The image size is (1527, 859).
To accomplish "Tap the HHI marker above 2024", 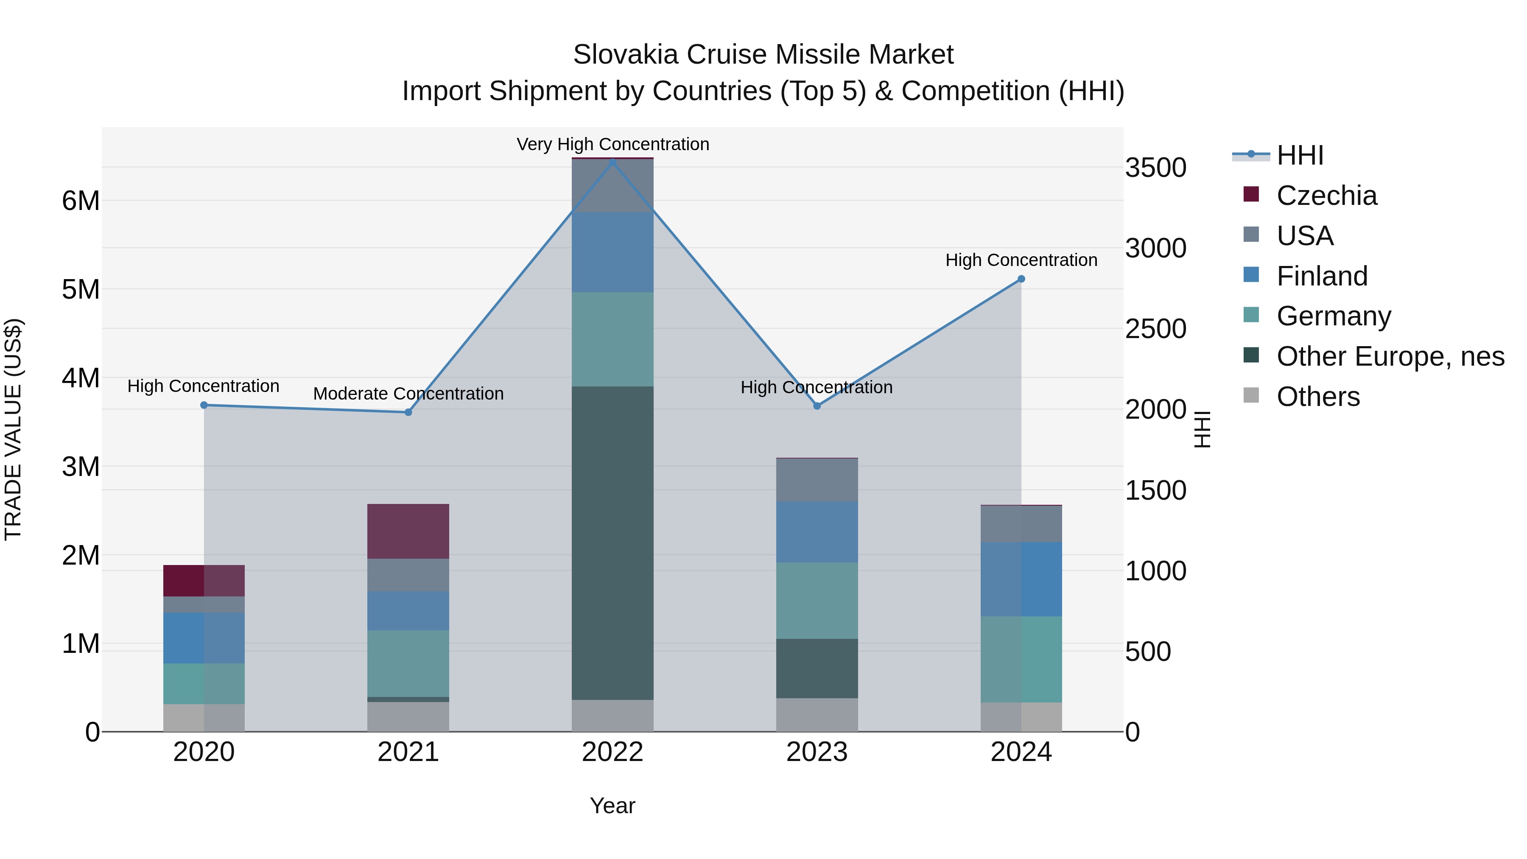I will [x=1021, y=279].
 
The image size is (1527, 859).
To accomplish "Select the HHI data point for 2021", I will [x=408, y=412].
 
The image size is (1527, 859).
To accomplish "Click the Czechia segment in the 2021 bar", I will [x=408, y=531].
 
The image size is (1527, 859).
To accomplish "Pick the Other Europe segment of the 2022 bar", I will [x=612, y=543].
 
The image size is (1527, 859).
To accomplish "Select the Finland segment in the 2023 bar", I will [x=817, y=532].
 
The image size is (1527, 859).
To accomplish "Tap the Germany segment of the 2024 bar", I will [x=1021, y=659].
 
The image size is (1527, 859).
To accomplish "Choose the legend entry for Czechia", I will [x=1326, y=196].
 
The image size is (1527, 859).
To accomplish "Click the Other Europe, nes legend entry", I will [x=1390, y=356].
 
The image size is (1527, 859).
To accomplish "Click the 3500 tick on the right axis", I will [x=1155, y=168].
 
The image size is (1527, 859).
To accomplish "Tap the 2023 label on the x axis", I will [x=817, y=752].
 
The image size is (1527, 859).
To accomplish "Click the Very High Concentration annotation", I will [x=612, y=144].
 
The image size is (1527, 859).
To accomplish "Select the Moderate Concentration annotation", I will [x=408, y=394].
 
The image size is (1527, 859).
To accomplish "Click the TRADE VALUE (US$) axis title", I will [x=13, y=429].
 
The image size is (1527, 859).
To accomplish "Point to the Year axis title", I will [x=612, y=806].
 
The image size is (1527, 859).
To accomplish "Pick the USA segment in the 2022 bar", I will [x=612, y=185].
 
